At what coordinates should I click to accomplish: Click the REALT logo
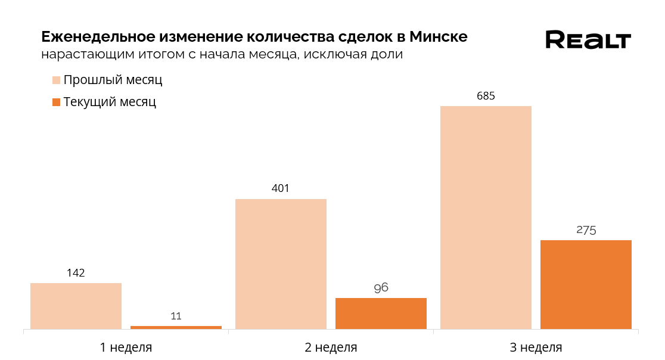coord(588,40)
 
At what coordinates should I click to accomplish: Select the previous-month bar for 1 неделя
coord(76,306)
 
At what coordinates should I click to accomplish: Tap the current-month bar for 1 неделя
coord(176,327)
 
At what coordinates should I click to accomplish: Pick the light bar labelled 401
coord(281,263)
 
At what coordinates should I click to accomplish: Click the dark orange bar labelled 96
coord(381,313)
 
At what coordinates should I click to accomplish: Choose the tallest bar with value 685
coord(486,217)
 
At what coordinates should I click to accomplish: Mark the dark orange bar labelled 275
coord(586,284)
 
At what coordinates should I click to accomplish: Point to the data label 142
coord(76,273)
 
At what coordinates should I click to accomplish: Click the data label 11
coord(176,316)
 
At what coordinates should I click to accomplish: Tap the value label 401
coord(281,189)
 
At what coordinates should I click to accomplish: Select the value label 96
coord(381,288)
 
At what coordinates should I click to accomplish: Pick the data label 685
coord(486,96)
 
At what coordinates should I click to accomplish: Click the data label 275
coord(586,230)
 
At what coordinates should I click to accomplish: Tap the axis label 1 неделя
coord(126,347)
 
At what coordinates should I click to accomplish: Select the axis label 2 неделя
coord(331,347)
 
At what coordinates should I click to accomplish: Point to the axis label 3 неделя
coord(536,347)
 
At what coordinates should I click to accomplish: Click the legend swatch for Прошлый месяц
coord(57,80)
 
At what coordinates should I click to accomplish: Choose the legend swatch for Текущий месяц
coord(57,103)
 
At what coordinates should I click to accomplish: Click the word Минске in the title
coord(438,37)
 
